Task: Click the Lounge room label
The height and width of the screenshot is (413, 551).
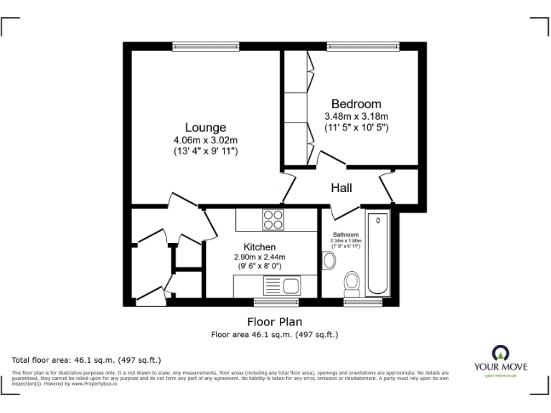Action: tap(205, 128)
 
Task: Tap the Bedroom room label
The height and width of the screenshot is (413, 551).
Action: tap(356, 104)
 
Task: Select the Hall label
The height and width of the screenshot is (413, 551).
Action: tap(341, 188)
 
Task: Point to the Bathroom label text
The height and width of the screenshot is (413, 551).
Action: tap(345, 234)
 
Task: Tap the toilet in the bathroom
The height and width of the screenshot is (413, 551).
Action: tap(352, 284)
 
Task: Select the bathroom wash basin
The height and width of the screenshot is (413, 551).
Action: tap(329, 260)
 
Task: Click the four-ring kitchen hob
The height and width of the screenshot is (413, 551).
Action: tap(273, 219)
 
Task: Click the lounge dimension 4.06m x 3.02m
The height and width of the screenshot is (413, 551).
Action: tap(205, 140)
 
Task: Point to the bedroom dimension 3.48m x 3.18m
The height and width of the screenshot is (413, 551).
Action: tap(356, 116)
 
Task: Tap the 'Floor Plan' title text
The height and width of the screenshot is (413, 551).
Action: tap(275, 322)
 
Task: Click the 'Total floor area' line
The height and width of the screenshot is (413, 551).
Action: tap(86, 360)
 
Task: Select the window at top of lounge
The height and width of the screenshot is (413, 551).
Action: tap(195, 47)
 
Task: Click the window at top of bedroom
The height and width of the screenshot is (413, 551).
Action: tap(363, 47)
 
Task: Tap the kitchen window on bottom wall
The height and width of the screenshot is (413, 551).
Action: tap(271, 302)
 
